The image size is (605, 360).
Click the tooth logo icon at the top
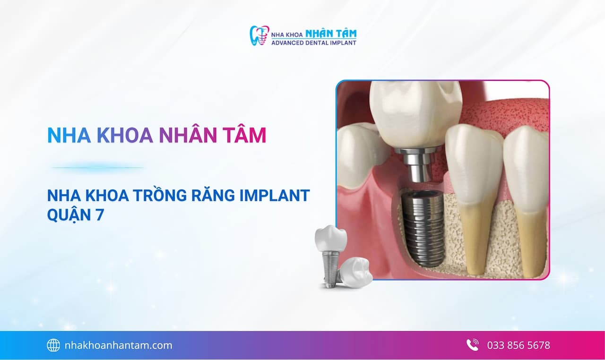(259, 35)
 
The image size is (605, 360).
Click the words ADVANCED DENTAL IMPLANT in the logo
(314, 43)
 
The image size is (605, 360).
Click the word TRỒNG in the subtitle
(154, 195)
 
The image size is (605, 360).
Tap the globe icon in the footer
(53, 345)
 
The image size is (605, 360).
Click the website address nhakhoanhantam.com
(118, 345)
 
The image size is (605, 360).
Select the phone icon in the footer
(472, 345)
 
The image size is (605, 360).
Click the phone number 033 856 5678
(519, 345)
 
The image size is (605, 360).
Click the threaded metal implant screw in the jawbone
(422, 227)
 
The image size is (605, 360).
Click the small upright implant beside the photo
(329, 255)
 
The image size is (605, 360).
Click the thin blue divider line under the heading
(97, 168)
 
